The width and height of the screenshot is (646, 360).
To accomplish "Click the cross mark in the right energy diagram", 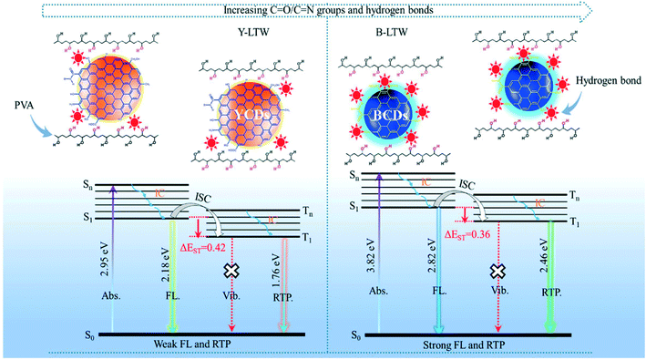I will point(497,271).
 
